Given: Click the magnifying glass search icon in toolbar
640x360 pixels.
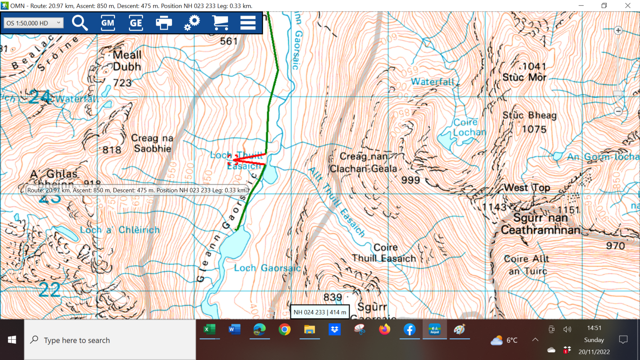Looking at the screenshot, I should pyautogui.click(x=80, y=23).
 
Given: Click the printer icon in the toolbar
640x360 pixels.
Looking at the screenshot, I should pyautogui.click(x=164, y=23).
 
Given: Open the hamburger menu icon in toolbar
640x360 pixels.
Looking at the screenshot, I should pyautogui.click(x=248, y=23).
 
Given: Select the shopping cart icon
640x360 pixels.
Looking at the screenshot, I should pyautogui.click(x=220, y=23).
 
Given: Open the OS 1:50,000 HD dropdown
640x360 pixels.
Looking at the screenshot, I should pyautogui.click(x=33, y=23).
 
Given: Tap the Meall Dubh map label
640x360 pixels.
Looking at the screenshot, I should pyautogui.click(x=127, y=61).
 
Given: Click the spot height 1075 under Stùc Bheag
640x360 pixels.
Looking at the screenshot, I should pyautogui.click(x=534, y=130).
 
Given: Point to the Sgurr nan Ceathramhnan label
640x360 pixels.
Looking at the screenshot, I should pyautogui.click(x=540, y=224).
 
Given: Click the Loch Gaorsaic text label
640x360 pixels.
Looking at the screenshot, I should pyautogui.click(x=267, y=268).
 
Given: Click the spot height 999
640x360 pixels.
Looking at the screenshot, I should pyautogui.click(x=410, y=180).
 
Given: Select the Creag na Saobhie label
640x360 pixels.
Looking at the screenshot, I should pyautogui.click(x=152, y=143).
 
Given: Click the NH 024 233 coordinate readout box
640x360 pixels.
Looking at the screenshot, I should pyautogui.click(x=320, y=312).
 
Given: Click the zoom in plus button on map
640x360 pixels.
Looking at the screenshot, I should pyautogui.click(x=618, y=30).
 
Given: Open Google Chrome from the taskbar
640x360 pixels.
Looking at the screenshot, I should pyautogui.click(x=285, y=330).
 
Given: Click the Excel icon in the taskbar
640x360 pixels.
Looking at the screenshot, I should pyautogui.click(x=209, y=330).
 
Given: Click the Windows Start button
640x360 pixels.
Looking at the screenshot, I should pyautogui.click(x=12, y=340).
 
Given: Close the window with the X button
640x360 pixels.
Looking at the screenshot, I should pyautogui.click(x=627, y=6).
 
